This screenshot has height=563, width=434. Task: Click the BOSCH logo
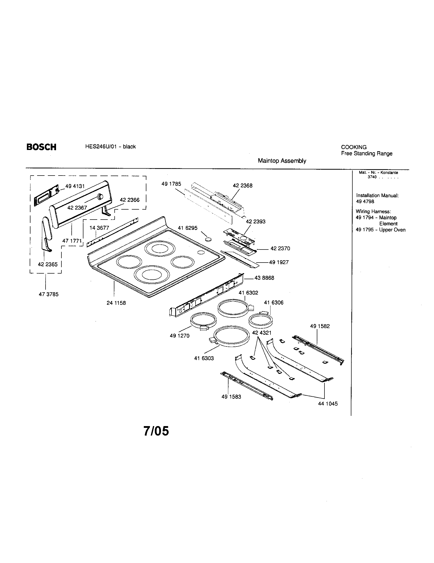click(x=41, y=147)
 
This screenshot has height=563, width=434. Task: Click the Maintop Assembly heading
click(x=282, y=161)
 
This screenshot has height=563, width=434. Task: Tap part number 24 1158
click(x=116, y=303)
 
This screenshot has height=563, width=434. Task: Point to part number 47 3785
click(x=48, y=294)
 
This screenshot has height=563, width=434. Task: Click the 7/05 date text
click(x=156, y=431)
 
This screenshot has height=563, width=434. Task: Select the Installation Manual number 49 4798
click(x=365, y=202)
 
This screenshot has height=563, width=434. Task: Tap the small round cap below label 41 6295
click(x=209, y=239)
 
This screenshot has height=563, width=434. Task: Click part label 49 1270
click(x=179, y=336)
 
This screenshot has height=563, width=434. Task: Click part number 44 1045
click(x=328, y=404)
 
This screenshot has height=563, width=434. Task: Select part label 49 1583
click(x=231, y=397)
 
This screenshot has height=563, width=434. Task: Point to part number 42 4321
click(x=262, y=333)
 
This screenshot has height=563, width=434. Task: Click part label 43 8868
click(x=264, y=278)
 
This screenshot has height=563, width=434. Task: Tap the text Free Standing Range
click(x=366, y=154)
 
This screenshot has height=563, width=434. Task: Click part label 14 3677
click(x=99, y=228)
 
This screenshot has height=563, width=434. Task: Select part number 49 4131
click(x=75, y=186)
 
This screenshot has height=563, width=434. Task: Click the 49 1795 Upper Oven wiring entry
click(x=381, y=230)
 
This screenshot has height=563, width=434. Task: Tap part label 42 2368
click(x=243, y=186)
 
